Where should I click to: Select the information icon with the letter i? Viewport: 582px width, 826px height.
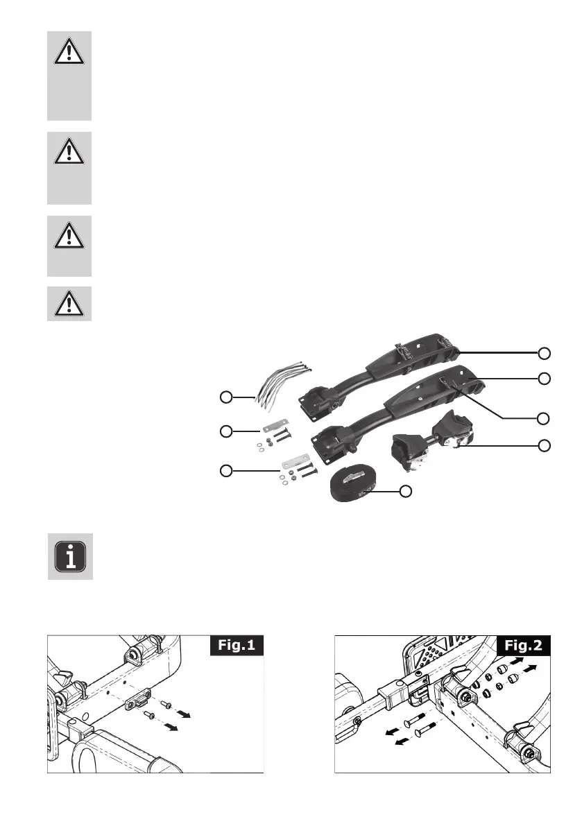(x=70, y=557)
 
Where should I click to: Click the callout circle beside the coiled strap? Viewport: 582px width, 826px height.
(x=406, y=492)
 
